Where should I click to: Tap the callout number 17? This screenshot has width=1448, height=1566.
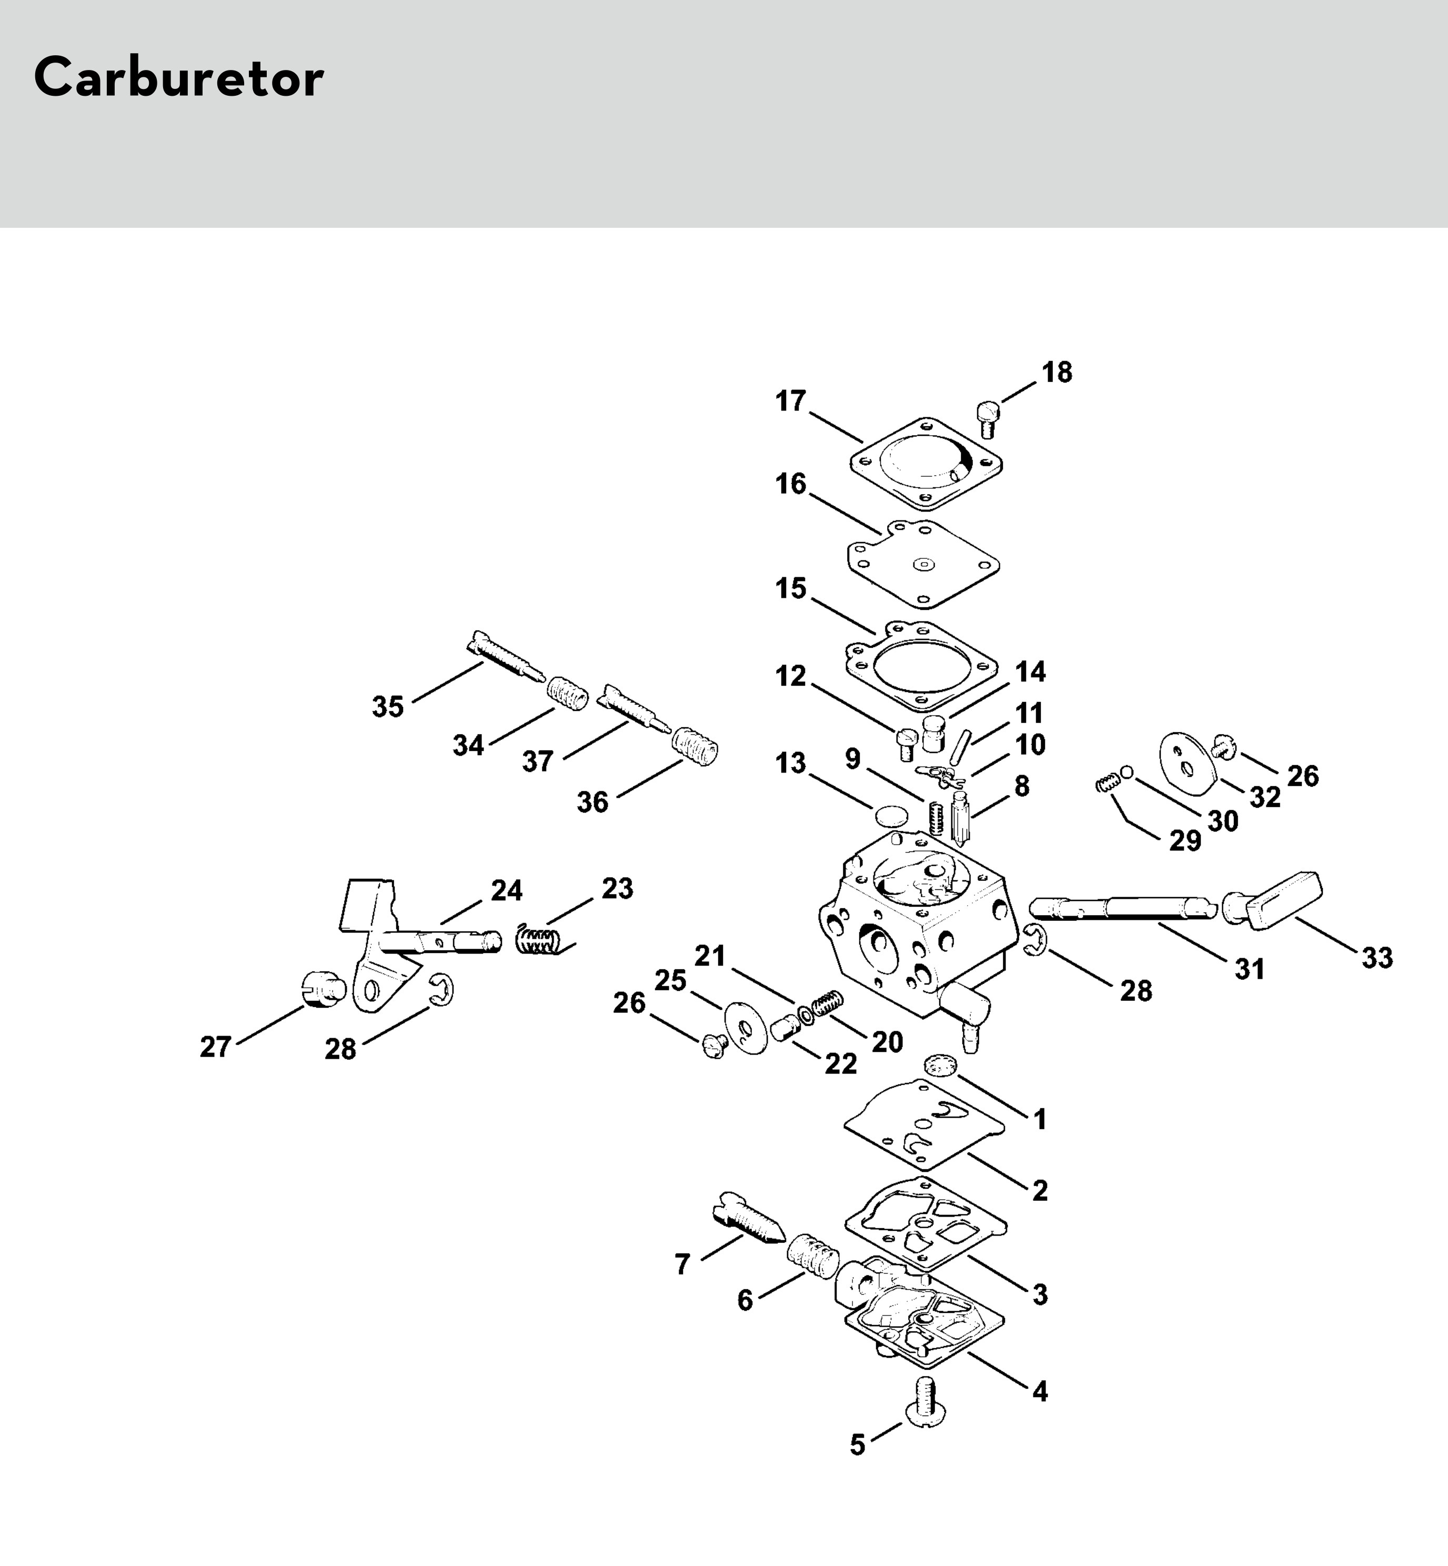click(x=791, y=401)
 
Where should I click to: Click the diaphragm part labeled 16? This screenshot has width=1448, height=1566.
click(x=923, y=564)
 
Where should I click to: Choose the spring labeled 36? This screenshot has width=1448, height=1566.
click(x=694, y=747)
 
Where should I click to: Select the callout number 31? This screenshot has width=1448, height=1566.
click(x=1250, y=969)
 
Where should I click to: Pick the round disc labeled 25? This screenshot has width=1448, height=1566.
click(x=745, y=1027)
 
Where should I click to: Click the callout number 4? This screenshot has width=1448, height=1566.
click(x=1040, y=1391)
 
